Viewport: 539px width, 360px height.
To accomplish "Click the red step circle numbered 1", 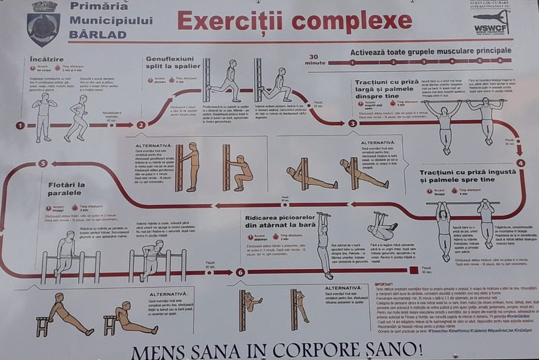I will coord(20,125).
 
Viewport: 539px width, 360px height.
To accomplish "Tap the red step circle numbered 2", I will coord(141,124).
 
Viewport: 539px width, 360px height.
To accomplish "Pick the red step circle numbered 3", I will coord(352,123).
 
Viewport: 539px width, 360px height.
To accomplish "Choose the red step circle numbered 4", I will coord(520,162).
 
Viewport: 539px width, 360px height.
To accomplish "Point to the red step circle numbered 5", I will coord(43,163).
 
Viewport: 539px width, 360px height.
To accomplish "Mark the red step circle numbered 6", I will coord(241,272).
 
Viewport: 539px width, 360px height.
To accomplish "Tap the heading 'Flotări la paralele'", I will coord(65,189).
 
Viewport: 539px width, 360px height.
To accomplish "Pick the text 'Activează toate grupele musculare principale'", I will coord(425,51).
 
